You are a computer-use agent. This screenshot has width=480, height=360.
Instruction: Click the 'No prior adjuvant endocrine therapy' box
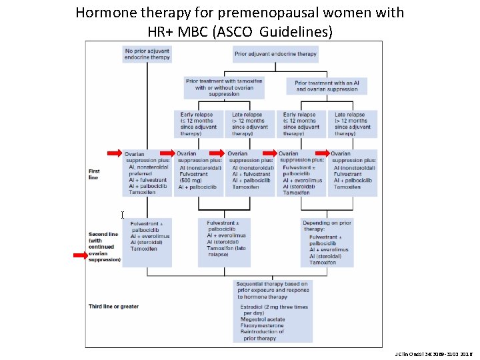(147, 53)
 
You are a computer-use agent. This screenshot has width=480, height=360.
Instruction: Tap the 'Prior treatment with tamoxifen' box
(224, 87)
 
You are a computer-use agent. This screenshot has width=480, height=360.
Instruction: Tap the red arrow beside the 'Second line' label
(81, 255)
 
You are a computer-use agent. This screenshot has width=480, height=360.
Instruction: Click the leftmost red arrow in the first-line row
(115, 152)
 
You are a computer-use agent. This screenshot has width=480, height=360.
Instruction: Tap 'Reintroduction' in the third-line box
(264, 332)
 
